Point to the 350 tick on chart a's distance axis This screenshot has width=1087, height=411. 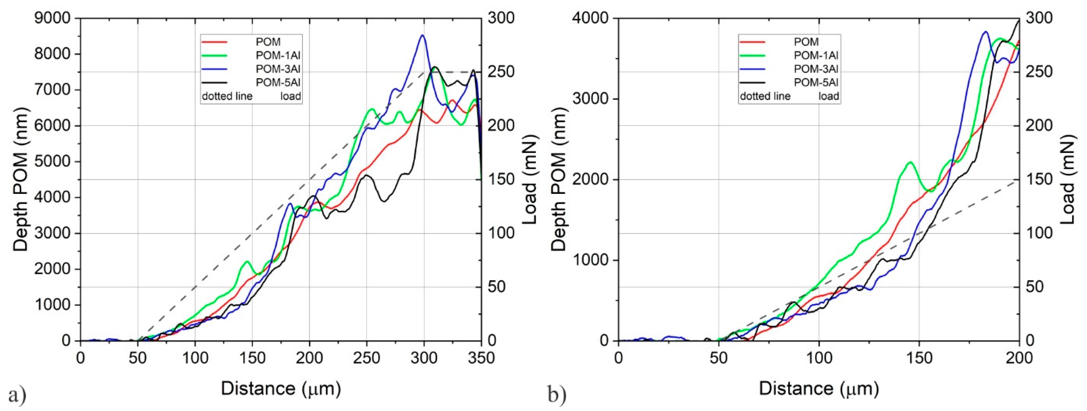[481, 358]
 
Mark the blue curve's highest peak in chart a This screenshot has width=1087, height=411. [422, 35]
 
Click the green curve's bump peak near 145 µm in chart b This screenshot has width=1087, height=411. [910, 162]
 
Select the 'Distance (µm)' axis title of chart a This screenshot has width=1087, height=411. [281, 388]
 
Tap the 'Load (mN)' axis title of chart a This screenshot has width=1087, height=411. [530, 180]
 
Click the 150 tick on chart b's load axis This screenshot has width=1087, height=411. [1039, 180]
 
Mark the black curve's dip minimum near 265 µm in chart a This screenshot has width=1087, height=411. [384, 201]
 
